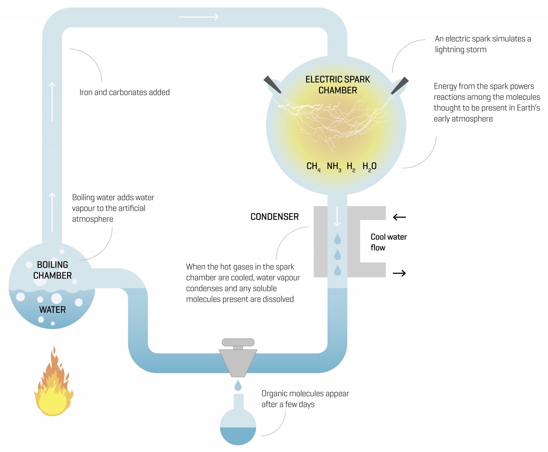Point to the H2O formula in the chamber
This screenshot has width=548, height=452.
point(369,167)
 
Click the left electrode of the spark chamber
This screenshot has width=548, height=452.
point(272,85)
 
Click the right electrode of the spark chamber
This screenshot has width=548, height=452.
point(400,85)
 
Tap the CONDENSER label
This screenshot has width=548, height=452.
point(275,217)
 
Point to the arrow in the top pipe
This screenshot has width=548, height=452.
point(199,17)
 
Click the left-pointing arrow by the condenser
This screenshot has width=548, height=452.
point(399,217)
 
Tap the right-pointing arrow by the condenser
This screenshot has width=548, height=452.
point(399,273)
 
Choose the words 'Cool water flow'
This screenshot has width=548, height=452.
point(388,242)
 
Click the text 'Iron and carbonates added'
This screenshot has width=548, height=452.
point(124,92)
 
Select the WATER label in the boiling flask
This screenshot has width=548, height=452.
point(52,310)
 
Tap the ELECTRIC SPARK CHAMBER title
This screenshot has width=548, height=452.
point(338,85)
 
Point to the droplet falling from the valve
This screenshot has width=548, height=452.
point(238,386)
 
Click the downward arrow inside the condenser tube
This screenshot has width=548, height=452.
point(337,217)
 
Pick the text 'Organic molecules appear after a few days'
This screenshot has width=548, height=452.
point(305,399)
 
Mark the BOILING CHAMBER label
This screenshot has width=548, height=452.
point(52,270)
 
